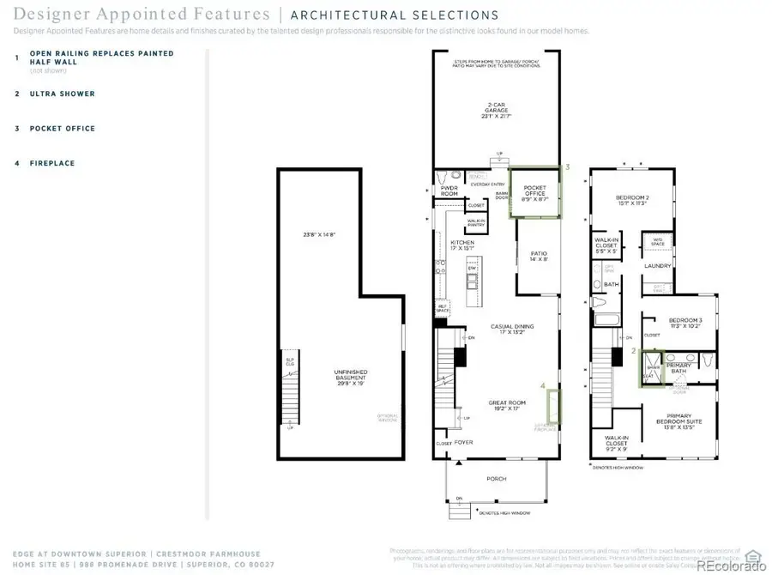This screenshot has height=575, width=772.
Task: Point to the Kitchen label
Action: tap(462, 245)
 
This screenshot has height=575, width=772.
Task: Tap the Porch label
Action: tap(496, 479)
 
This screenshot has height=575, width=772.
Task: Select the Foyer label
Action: tap(463, 443)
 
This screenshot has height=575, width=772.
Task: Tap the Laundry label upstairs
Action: tap(657, 266)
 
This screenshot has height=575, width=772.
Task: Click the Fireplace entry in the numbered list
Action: tap(52, 163)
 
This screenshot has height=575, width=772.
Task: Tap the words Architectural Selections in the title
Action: tap(395, 15)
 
